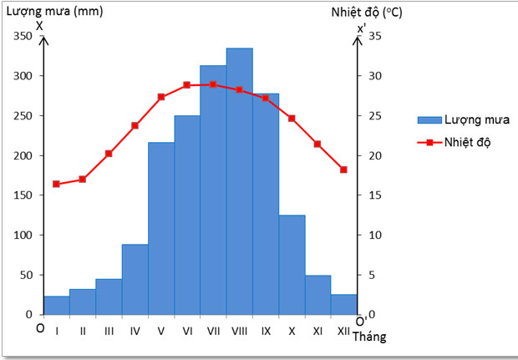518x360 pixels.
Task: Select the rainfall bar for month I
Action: tap(56, 306)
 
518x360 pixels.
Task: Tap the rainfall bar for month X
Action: tap(292, 265)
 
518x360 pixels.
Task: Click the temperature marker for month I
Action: tap(56, 184)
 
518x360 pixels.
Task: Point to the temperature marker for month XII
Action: tap(343, 170)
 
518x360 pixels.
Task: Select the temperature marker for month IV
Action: tap(135, 125)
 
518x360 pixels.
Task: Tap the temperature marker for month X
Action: tap(292, 118)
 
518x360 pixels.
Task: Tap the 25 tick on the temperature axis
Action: tap(375, 115)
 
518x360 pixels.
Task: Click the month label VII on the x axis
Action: tap(213, 331)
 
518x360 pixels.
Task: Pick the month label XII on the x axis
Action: tap(343, 331)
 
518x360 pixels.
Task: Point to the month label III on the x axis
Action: tap(109, 331)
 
